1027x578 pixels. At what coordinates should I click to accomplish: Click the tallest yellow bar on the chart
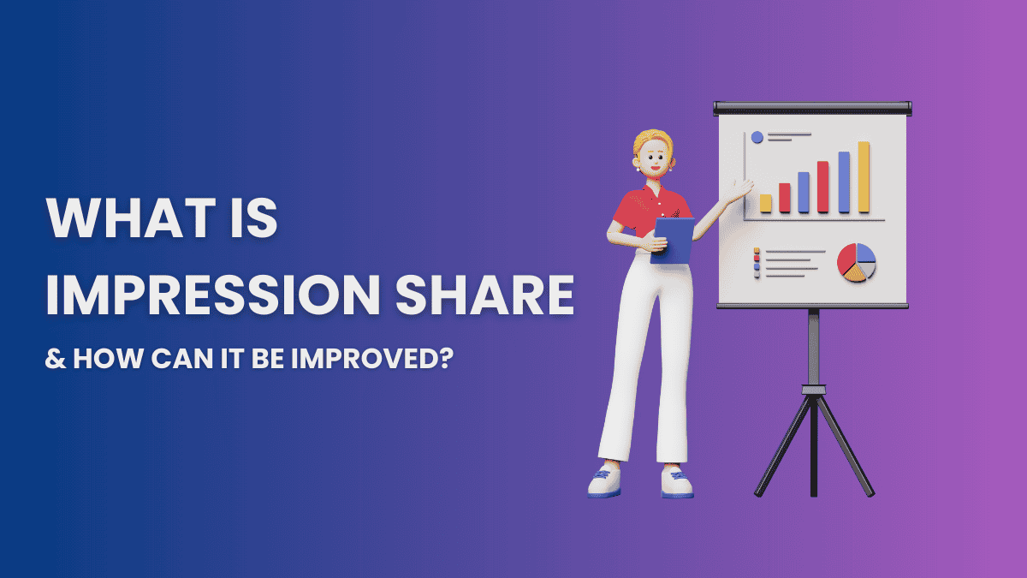point(864,177)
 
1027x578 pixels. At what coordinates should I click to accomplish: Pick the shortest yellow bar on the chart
point(766,203)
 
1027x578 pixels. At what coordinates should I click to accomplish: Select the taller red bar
point(822,186)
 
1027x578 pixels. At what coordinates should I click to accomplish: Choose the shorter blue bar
point(804,192)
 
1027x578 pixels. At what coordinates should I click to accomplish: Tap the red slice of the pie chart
point(846,256)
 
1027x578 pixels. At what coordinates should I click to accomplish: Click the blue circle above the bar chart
point(757,136)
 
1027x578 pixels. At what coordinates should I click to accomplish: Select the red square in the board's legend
point(757,259)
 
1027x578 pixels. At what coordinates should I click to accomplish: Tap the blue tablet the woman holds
point(673,239)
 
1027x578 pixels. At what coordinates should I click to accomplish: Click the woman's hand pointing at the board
point(744,187)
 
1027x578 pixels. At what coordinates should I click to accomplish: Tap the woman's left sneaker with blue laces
point(603,481)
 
